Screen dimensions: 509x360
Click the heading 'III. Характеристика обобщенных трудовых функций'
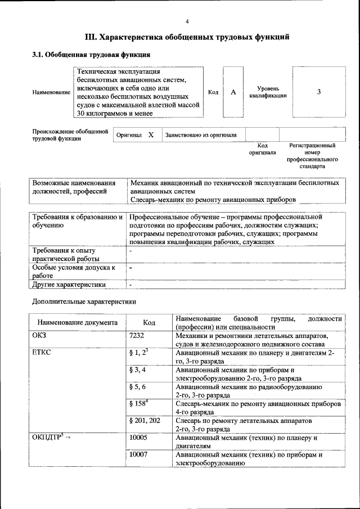tap(187, 38)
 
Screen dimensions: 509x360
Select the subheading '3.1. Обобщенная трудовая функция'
tap(91, 55)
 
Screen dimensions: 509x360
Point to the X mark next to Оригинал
tap(151, 135)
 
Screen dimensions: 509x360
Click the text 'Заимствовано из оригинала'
tap(201, 135)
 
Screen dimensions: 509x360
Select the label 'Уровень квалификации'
tap(268, 92)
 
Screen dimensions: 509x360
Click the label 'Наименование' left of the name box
tap(51, 92)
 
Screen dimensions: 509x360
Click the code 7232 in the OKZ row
tap(138, 335)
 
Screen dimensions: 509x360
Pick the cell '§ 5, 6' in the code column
tap(138, 388)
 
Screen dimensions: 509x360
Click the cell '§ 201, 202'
tap(145, 421)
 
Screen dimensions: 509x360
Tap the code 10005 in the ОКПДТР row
tap(139, 438)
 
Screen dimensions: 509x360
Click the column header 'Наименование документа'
tap(78, 323)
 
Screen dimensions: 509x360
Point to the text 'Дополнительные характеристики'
tap(84, 301)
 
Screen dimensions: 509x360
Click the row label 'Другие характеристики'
tap(69, 285)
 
